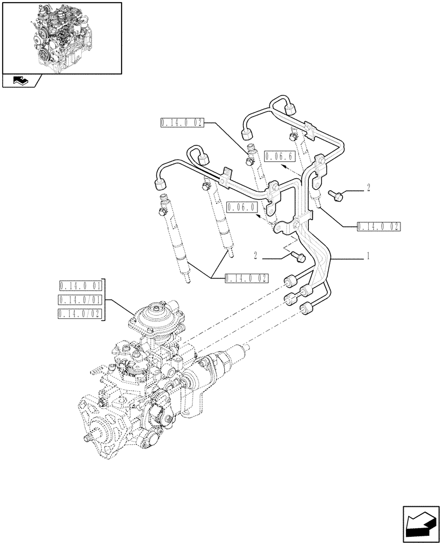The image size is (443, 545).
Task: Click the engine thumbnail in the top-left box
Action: click(61, 37)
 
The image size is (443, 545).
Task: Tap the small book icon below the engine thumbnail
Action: click(20, 81)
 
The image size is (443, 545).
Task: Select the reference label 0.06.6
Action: click(279, 157)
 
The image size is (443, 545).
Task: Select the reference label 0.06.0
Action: click(241, 207)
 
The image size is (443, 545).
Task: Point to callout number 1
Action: click(369, 256)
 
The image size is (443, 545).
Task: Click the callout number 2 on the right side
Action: click(369, 188)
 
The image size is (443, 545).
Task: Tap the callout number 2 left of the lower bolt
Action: click(255, 255)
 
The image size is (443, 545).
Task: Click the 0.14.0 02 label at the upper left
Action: click(182, 123)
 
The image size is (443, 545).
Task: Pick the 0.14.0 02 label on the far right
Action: click(378, 226)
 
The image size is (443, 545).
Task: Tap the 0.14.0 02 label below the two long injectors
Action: click(247, 278)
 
